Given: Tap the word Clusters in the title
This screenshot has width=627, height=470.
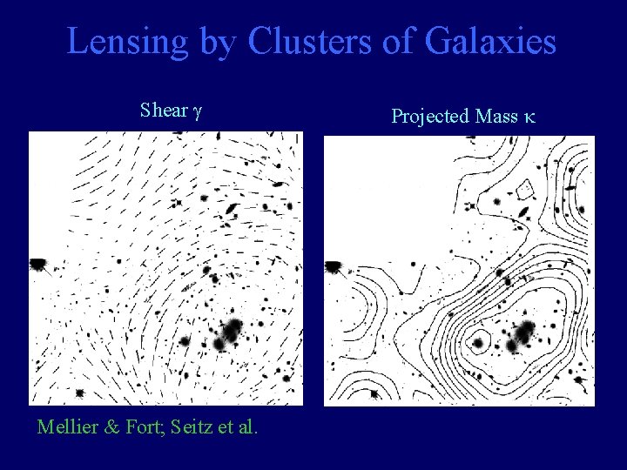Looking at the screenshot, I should point(295,43).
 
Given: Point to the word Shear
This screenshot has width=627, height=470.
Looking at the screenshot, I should point(164,111).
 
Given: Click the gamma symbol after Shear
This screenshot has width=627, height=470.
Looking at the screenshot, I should point(197,112).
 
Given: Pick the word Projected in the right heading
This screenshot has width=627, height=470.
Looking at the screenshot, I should point(428,115).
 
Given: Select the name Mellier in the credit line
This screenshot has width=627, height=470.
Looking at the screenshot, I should point(69,426).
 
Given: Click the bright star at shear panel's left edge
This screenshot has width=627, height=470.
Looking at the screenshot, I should point(38,263).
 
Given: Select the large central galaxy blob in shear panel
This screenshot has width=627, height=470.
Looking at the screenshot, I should point(232,332).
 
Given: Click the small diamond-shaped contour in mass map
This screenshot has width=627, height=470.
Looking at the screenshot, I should point(524,191).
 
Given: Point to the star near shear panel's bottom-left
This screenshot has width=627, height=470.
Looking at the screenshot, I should point(81,393).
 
